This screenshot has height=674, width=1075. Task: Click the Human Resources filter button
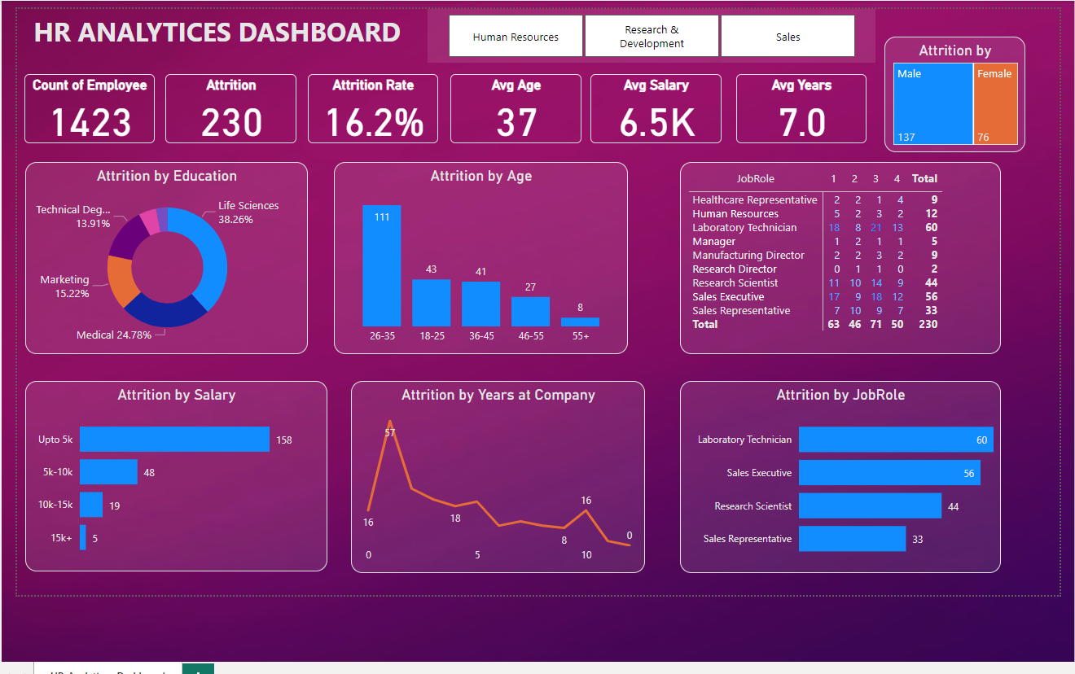(x=516, y=37)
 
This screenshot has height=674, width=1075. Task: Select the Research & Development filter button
(x=652, y=37)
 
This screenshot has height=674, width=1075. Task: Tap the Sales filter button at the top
(x=788, y=37)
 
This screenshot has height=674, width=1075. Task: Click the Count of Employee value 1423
(x=90, y=122)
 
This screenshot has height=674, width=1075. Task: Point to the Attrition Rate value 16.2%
(x=374, y=122)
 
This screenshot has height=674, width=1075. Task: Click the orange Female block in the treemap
(x=995, y=104)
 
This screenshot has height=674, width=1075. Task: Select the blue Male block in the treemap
(x=932, y=104)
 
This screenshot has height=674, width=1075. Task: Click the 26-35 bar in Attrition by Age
(x=382, y=265)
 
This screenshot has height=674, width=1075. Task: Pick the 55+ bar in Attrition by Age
(x=580, y=322)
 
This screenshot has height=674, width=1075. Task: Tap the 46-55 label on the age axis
(x=530, y=335)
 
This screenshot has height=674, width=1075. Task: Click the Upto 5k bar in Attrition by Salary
(x=174, y=439)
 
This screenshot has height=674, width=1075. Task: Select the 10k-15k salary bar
(x=91, y=505)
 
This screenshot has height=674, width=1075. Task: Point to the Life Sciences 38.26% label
(x=248, y=212)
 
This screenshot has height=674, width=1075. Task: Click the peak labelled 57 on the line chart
(x=389, y=422)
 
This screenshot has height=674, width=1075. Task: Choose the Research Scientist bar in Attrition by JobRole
(x=869, y=505)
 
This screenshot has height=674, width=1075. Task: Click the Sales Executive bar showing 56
(x=889, y=473)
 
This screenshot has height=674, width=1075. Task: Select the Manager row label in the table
(x=714, y=242)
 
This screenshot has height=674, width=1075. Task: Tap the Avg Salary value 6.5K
(x=656, y=122)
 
